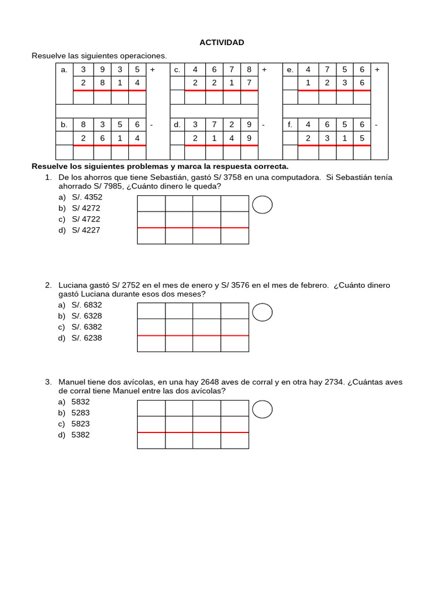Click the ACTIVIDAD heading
[221, 42]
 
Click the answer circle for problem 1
[263, 205]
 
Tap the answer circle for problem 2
[263, 312]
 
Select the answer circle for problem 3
[263, 409]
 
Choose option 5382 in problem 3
[80, 435]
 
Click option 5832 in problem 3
[80, 401]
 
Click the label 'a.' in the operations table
[64, 70]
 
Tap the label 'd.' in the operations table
[177, 125]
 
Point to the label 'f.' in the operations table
[290, 125]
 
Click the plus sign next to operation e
[377, 70]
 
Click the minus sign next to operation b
[151, 125]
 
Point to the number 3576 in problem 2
[240, 285]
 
